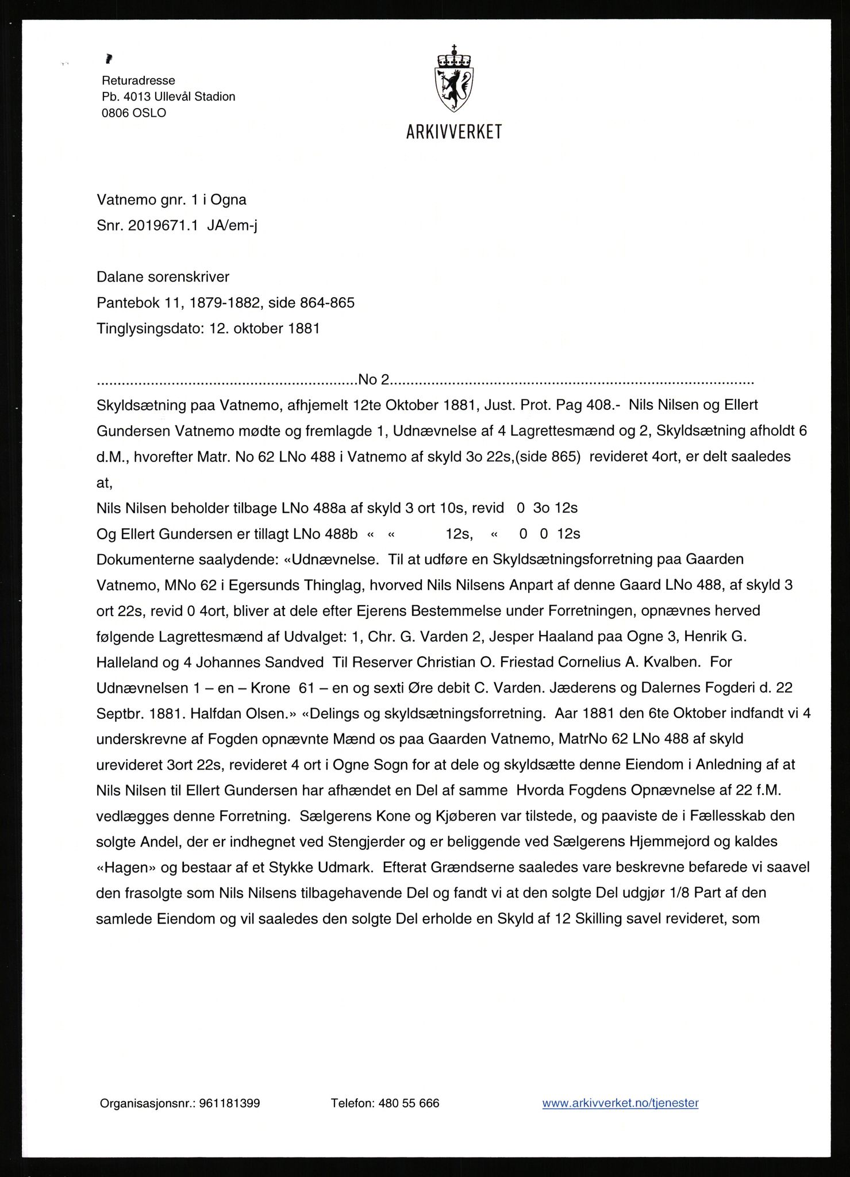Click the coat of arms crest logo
pos(454,79)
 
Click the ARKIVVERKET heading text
pos(454,132)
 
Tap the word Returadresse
pos(139,80)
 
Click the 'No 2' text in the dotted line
pos(374,380)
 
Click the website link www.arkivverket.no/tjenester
pos(620,1103)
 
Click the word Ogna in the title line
pos(228,200)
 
